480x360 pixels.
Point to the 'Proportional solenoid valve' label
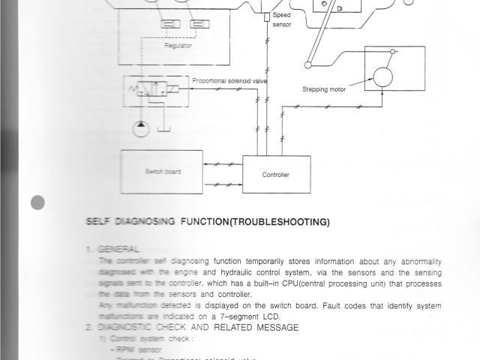point(229,81)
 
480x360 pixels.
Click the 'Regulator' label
point(178,46)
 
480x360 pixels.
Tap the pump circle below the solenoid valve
point(141,128)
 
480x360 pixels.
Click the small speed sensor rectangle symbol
point(265,16)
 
